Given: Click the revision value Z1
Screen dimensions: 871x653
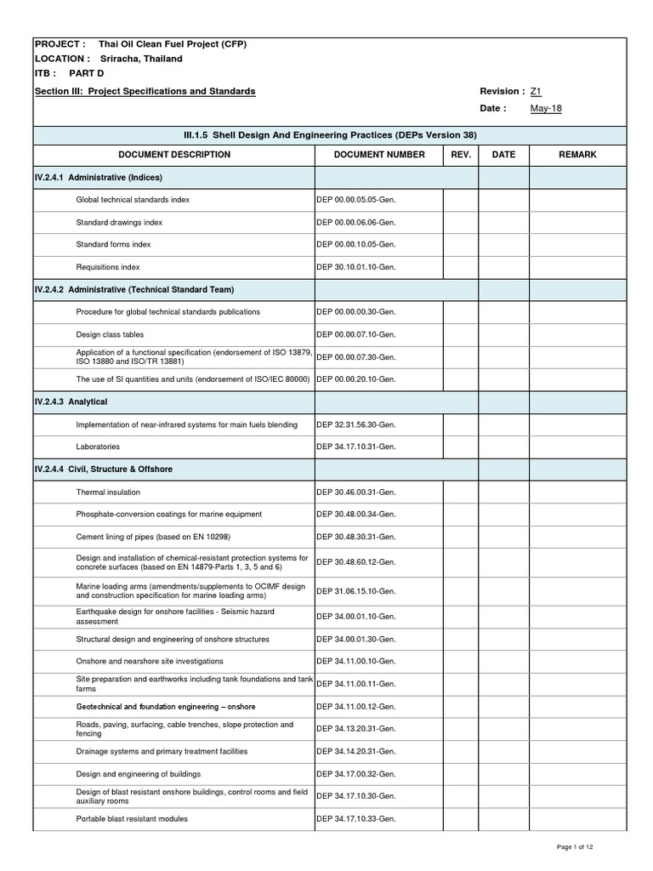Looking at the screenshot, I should [x=536, y=91].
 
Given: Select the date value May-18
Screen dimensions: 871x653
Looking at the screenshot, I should [x=546, y=109].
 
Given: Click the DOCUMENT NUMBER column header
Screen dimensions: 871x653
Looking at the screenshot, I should [x=378, y=155].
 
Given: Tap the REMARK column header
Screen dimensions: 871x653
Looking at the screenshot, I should [x=577, y=155].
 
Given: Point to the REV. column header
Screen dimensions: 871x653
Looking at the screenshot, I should [x=460, y=155].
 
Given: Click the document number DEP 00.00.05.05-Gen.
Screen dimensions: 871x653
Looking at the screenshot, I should [x=356, y=200].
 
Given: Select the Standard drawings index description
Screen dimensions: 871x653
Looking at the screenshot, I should [x=119, y=222].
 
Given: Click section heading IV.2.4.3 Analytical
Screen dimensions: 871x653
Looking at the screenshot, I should [x=71, y=401].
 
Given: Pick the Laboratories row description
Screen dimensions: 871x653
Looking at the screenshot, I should [x=98, y=447].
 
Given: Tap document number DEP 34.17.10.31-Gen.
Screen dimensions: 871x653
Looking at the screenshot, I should [x=356, y=447].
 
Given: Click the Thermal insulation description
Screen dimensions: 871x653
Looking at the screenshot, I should [x=108, y=492].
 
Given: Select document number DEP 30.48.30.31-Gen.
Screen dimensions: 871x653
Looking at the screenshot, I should [x=356, y=538].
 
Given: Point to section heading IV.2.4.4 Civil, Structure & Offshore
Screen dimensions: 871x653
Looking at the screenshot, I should [x=104, y=469].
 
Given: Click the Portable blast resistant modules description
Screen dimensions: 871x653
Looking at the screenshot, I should [x=132, y=819].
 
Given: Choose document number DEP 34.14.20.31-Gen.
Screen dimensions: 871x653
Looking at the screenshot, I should [x=356, y=751].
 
